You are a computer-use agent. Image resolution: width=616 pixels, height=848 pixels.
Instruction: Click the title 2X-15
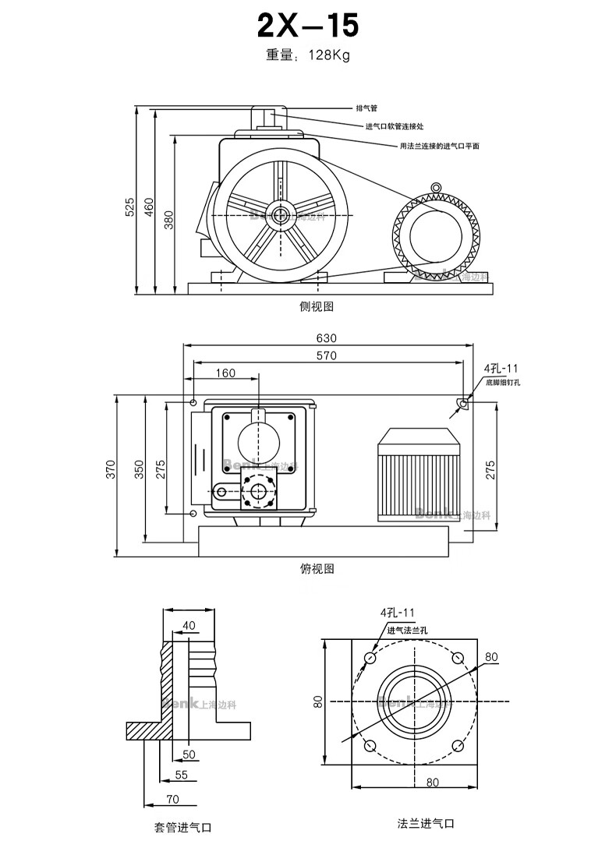[308, 26]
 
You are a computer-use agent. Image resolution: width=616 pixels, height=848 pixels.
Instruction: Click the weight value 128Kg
[329, 55]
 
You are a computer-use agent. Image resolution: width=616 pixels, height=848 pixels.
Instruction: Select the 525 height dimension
[129, 207]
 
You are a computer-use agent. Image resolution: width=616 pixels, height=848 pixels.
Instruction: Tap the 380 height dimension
[168, 221]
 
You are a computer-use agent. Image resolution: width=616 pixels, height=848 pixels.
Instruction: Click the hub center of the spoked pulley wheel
[279, 214]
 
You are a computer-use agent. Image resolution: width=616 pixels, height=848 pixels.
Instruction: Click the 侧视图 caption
[316, 306]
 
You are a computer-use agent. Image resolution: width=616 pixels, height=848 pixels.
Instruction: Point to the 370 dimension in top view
[111, 469]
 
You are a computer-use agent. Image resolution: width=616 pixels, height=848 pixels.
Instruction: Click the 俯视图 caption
[317, 568]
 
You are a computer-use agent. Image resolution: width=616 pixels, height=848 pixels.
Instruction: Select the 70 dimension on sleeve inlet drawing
[172, 798]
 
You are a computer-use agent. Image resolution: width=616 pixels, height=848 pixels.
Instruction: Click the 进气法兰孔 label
[407, 630]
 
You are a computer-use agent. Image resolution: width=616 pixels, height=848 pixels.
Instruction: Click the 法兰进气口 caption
[425, 823]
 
